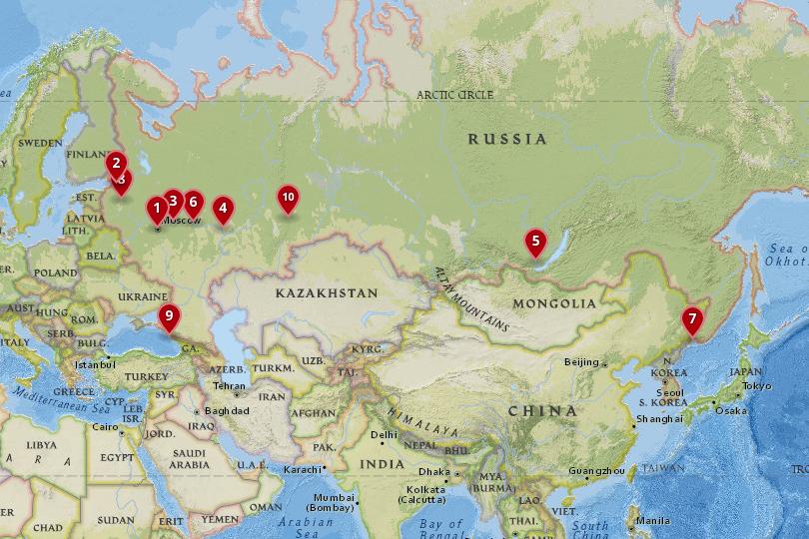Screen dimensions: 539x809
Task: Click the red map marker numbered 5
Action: click(x=535, y=241)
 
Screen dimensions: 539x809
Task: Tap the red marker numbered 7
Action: click(x=691, y=319)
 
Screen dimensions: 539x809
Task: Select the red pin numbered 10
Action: click(x=288, y=197)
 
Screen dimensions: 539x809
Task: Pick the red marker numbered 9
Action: click(x=169, y=316)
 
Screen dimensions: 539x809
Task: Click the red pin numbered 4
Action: click(x=223, y=209)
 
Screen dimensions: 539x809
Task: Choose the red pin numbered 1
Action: click(x=157, y=209)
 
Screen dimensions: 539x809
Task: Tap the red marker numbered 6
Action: click(x=194, y=201)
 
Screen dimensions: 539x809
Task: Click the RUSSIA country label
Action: click(x=508, y=139)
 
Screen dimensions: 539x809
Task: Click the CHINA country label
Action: click(x=542, y=410)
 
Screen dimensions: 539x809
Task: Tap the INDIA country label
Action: click(x=383, y=464)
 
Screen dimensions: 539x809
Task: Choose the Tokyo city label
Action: click(x=757, y=385)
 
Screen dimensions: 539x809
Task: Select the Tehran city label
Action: click(x=229, y=385)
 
